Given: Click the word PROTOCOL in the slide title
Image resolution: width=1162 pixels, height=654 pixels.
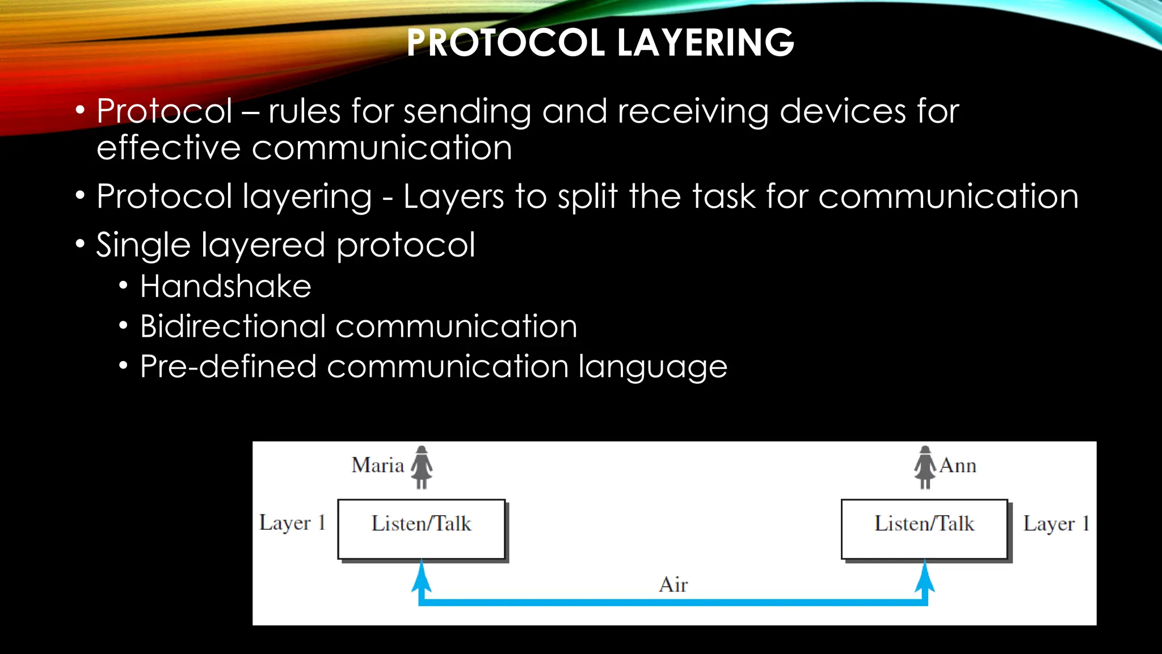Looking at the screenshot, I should [506, 43].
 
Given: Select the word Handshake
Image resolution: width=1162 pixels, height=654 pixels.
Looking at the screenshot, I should [226, 286].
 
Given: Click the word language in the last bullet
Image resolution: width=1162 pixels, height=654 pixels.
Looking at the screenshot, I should [652, 367].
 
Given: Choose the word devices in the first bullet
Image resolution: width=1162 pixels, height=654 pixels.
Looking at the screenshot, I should [843, 111].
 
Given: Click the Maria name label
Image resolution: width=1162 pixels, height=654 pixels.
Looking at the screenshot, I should [377, 466].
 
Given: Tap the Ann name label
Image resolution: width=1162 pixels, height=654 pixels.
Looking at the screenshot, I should [958, 466].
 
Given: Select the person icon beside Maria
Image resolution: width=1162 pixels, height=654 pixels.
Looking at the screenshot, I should [422, 467].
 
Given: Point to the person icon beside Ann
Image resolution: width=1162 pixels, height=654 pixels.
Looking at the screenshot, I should [925, 467].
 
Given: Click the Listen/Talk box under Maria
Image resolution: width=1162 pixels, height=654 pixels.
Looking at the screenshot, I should [421, 529].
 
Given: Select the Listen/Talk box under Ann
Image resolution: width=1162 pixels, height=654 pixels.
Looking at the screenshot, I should [924, 529].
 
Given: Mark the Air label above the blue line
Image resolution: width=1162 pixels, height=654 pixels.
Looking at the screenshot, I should [673, 585].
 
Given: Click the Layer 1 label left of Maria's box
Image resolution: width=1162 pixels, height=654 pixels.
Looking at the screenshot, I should [292, 523].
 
